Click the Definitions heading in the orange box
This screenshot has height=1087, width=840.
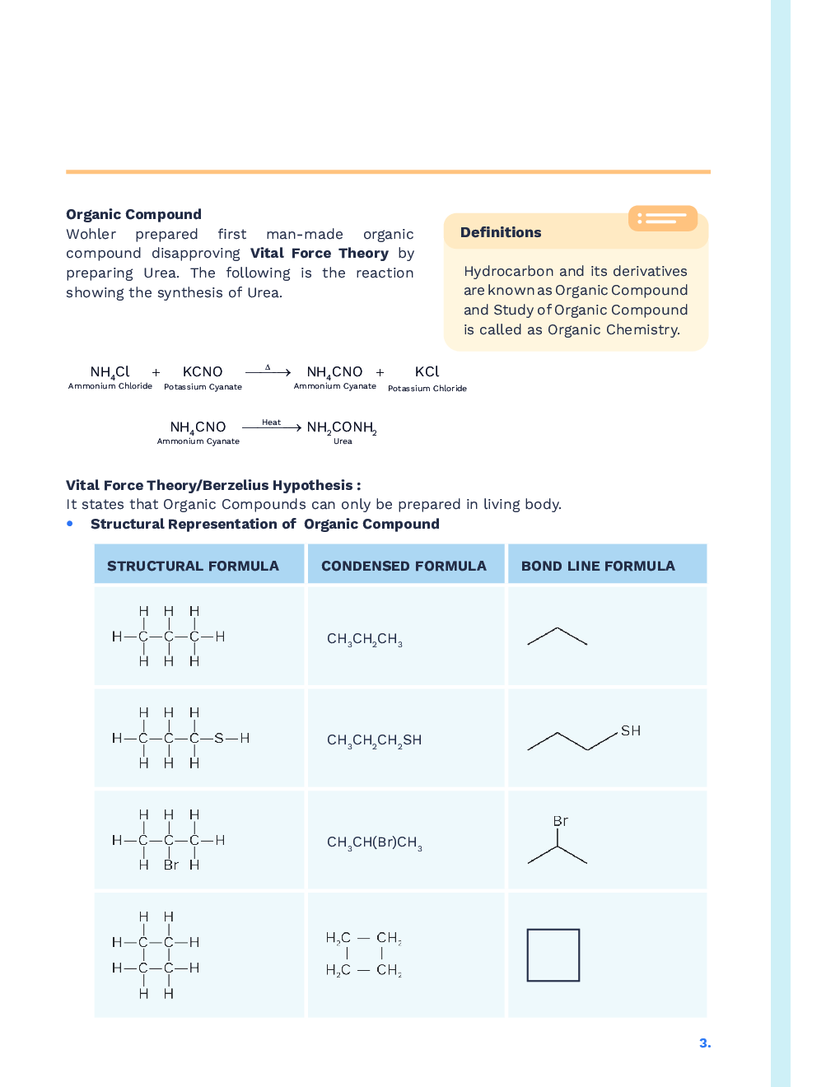501,232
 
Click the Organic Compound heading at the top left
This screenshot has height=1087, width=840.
133,214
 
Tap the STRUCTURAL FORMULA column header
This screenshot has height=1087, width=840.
193,566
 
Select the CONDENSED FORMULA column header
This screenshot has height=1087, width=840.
404,566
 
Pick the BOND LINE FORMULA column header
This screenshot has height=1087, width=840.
598,566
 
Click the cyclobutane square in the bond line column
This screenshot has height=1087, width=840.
553,955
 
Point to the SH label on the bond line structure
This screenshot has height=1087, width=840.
631,730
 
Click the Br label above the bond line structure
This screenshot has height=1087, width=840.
560,821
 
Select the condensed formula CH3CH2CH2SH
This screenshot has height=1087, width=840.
374,740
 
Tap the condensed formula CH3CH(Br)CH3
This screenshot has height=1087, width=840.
374,842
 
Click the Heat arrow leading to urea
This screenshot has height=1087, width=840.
272,427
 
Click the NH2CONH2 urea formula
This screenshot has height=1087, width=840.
342,427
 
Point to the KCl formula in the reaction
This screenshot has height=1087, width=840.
427,371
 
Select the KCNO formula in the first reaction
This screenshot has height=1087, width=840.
203,372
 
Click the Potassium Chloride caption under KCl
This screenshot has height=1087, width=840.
427,389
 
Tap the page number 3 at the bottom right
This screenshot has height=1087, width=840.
705,1043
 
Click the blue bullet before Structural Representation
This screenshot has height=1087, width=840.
70,524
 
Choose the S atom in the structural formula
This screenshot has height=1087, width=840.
218,738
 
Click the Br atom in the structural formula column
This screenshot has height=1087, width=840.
170,865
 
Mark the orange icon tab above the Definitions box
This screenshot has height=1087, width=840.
663,218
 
